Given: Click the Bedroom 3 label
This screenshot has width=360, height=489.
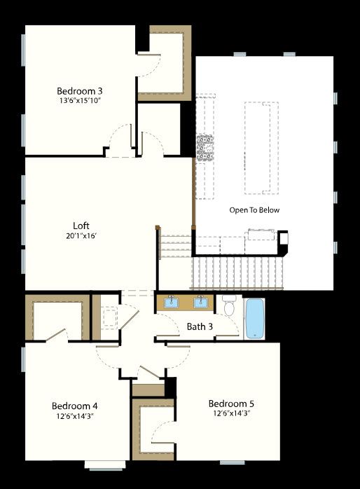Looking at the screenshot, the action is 79,91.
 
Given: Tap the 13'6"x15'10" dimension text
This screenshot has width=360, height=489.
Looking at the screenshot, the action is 79,101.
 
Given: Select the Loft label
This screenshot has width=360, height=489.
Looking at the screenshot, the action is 81,226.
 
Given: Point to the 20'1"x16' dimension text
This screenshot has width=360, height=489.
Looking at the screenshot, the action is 81,236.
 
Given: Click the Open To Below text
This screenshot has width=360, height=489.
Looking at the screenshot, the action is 254,210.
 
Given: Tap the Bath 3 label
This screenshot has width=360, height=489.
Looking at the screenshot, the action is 200,326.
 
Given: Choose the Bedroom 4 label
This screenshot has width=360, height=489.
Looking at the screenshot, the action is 74,406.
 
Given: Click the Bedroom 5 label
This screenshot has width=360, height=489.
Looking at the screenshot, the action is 231,404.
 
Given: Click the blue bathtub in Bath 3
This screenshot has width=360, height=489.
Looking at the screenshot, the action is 255,319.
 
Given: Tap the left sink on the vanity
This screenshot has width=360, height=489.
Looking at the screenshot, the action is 171,302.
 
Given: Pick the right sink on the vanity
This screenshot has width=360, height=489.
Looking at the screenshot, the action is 200,302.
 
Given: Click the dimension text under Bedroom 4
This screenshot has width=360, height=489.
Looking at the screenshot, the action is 74,416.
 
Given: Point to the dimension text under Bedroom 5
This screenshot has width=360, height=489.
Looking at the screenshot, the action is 231,413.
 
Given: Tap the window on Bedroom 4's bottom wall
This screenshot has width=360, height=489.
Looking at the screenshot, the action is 105,464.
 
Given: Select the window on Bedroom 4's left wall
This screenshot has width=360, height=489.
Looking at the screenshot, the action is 23,359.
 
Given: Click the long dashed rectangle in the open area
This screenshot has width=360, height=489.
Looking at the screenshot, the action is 261,148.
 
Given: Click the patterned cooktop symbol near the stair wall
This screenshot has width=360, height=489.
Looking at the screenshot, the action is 205,148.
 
